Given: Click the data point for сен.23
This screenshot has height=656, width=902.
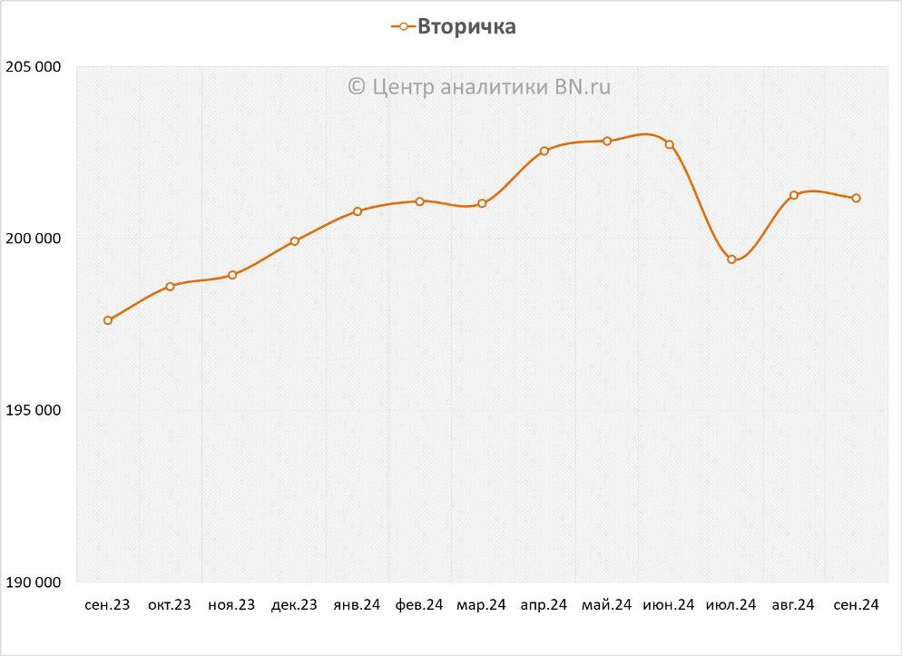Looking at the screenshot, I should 108,320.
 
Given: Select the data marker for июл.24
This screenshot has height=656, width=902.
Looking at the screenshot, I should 731,259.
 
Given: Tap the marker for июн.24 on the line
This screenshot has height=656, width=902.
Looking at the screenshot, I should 670,144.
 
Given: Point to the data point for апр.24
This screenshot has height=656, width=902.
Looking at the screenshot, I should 544,152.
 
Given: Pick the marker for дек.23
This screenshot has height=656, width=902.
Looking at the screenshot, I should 295,241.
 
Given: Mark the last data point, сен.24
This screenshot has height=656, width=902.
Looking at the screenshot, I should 856,199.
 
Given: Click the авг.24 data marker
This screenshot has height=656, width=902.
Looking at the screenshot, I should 794,195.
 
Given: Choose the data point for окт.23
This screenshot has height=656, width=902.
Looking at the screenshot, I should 170,287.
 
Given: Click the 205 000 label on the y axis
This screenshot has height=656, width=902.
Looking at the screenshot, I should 33,67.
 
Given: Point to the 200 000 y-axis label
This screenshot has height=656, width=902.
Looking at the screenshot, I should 33,239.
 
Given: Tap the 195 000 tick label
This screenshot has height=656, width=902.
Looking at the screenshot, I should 33,410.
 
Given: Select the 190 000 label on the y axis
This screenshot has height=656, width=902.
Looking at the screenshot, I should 33,582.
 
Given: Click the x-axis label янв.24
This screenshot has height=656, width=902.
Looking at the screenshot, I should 357,605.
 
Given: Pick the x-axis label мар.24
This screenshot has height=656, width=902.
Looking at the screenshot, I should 481,605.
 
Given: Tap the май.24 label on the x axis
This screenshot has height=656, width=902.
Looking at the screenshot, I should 606,605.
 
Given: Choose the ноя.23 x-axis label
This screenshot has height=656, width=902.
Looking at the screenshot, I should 231,605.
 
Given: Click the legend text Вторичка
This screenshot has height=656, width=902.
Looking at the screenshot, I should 466,27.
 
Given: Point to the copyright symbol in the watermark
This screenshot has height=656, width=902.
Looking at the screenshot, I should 356,86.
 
